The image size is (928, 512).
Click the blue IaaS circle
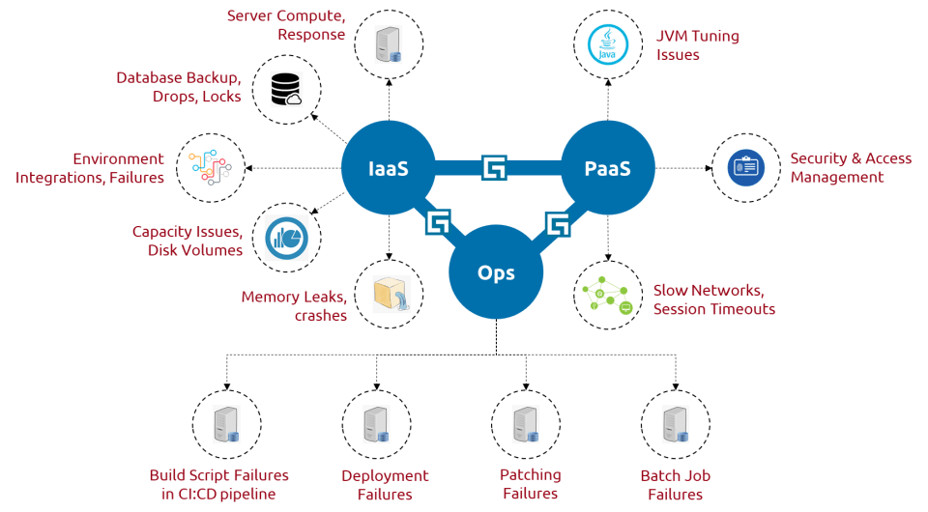[388, 169]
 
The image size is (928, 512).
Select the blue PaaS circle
[607, 169]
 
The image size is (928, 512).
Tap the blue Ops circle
[495, 272]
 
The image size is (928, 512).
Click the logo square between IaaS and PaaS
[495, 168]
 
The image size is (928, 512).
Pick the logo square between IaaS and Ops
[438, 222]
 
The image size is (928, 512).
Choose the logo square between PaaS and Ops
[558, 224]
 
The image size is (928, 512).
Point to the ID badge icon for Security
[745, 168]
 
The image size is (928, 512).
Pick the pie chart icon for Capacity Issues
[285, 238]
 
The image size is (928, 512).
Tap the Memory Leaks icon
[391, 294]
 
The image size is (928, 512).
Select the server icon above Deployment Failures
[377, 425]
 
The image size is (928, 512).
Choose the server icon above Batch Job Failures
[675, 425]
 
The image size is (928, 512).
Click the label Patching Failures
[529, 484]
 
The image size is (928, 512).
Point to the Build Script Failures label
[218, 485]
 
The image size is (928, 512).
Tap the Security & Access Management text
[850, 168]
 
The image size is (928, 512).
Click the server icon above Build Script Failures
[228, 425]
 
